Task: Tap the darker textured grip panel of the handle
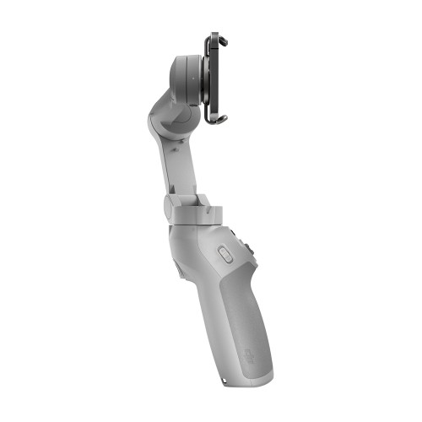pyautogui.click(x=241, y=321)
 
